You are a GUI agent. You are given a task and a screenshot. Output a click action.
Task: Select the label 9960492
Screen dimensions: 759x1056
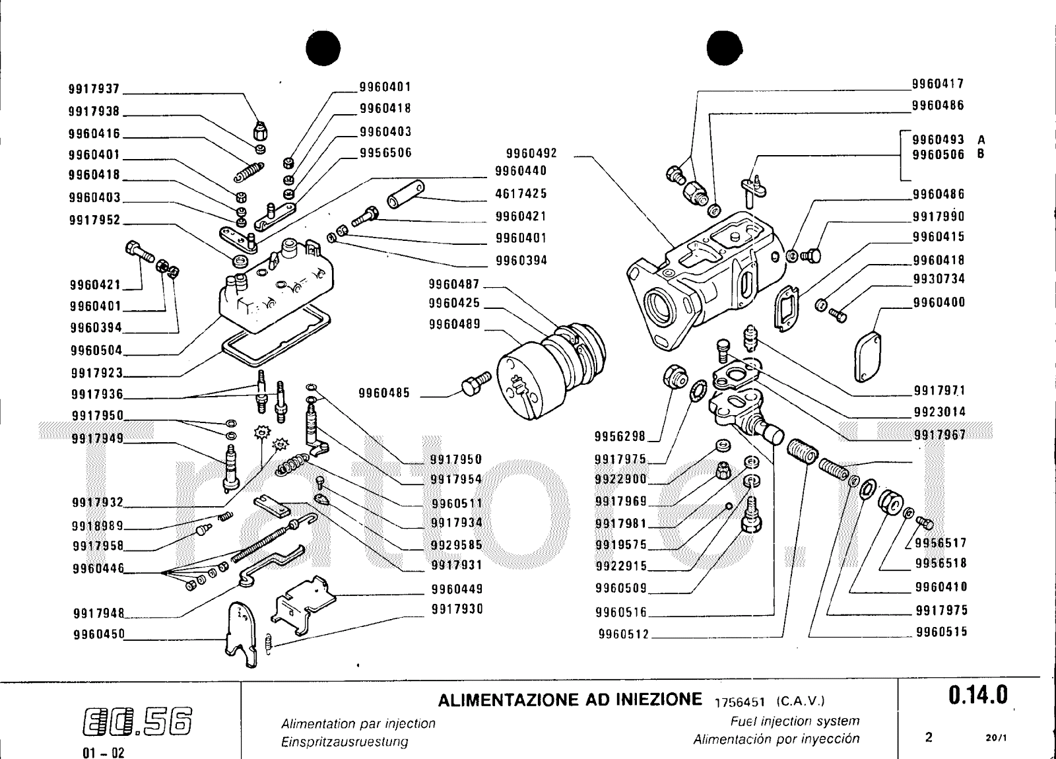click(531, 154)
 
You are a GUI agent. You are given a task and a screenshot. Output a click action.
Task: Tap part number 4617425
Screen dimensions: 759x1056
click(521, 194)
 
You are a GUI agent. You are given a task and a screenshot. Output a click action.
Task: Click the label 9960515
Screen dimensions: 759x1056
click(940, 632)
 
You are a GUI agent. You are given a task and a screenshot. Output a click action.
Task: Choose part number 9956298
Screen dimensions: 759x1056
click(620, 436)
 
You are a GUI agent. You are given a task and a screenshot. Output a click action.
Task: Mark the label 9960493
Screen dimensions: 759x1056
click(938, 140)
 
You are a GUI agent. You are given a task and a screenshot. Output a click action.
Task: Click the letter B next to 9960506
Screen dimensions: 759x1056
click(981, 154)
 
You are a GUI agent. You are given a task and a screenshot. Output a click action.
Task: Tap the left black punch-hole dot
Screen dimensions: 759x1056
click(323, 48)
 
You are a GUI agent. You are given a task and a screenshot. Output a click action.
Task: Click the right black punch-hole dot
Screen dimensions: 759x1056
click(725, 48)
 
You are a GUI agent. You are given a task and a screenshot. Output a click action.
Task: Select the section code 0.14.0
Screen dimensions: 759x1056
click(978, 694)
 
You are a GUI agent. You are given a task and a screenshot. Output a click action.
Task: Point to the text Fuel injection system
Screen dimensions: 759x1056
click(795, 721)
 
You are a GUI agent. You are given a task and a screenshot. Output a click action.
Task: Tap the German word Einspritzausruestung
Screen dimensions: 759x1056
click(345, 741)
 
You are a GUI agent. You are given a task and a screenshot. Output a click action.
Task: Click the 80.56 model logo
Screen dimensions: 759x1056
click(138, 719)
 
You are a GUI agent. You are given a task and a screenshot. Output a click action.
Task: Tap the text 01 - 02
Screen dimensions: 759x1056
click(104, 753)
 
